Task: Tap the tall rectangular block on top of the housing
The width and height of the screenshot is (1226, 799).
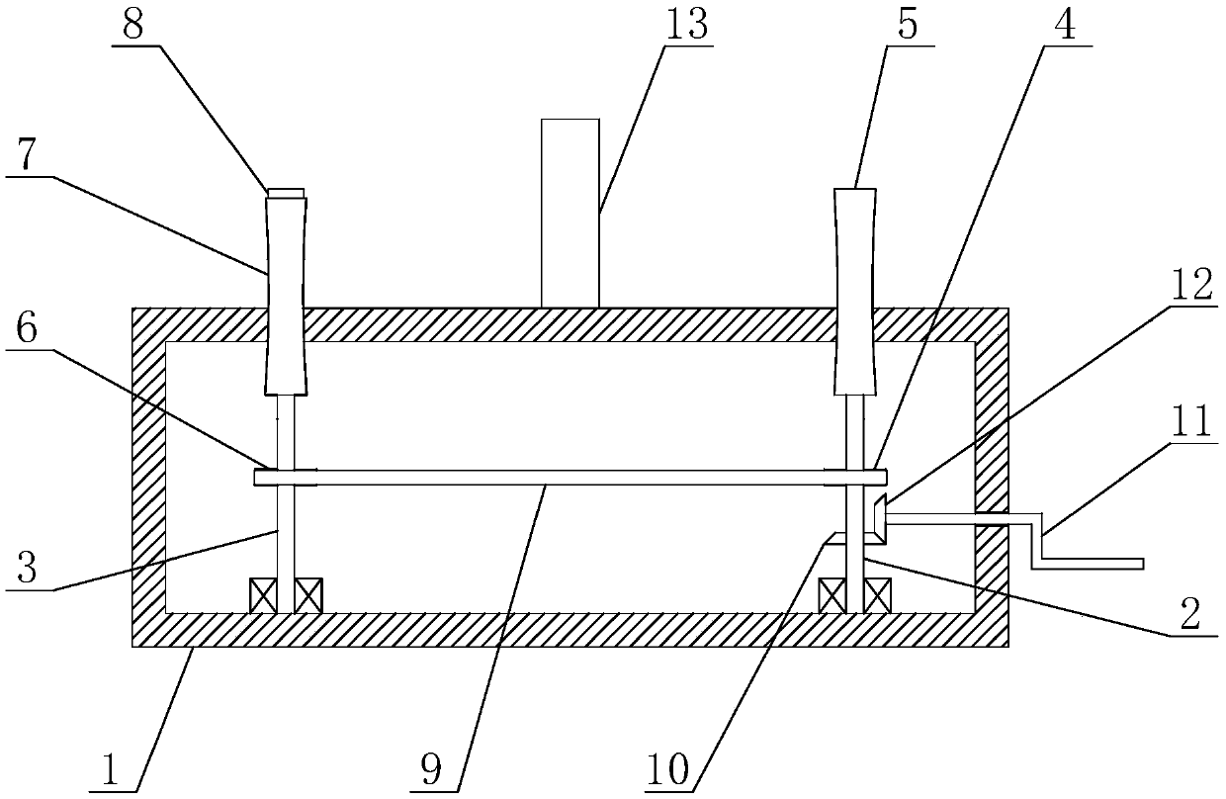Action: coord(570,212)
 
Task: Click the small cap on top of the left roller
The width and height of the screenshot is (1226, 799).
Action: coord(284,192)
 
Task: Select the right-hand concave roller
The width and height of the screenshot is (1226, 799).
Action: coord(855,291)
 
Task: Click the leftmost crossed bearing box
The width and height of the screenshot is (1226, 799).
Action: coord(262,595)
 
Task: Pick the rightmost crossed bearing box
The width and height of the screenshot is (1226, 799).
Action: coord(878,595)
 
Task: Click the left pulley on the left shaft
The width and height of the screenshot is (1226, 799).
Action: coord(285,478)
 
